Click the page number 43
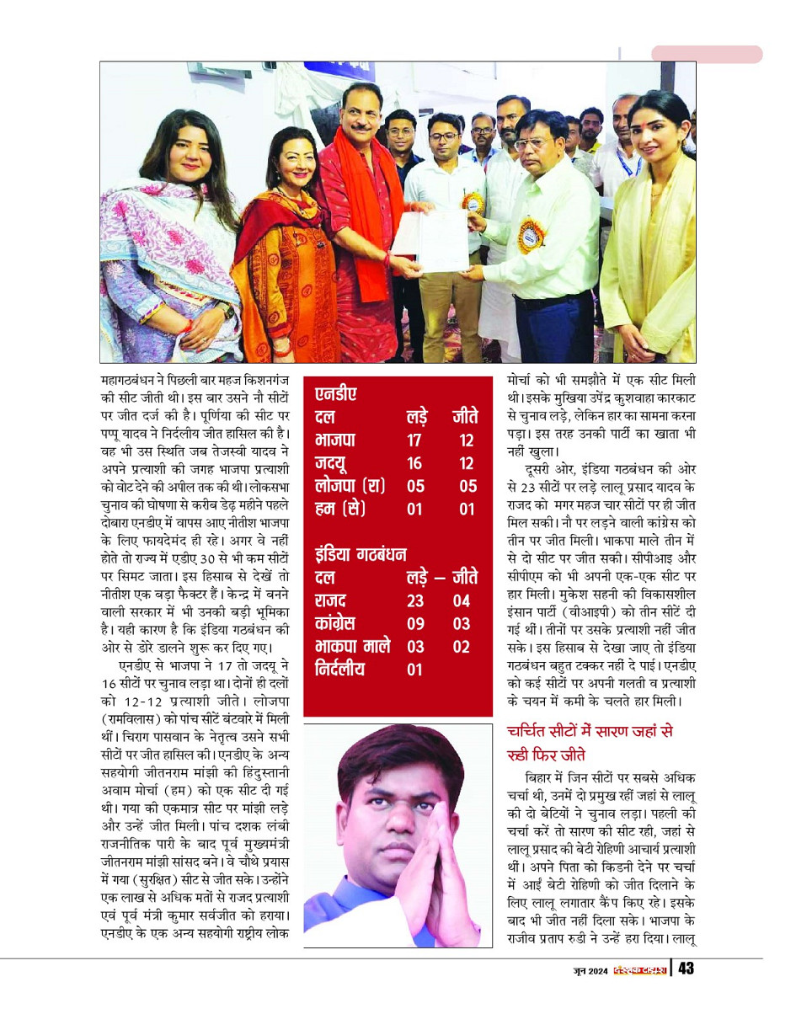pyautogui.click(x=686, y=969)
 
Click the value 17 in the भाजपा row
pyautogui.click(x=414, y=440)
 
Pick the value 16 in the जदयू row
pyautogui.click(x=414, y=463)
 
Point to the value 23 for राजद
pyautogui.click(x=414, y=601)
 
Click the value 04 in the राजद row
pyautogui.click(x=461, y=601)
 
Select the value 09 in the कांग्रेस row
pyautogui.click(x=414, y=625)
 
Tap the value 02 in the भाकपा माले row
pyautogui.click(x=461, y=648)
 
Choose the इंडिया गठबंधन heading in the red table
pyautogui.click(x=361, y=554)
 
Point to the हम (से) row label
pyautogui.click(x=339, y=509)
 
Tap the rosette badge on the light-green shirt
pyautogui.click(x=532, y=234)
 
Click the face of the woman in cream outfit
pyautogui.click(x=659, y=135)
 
